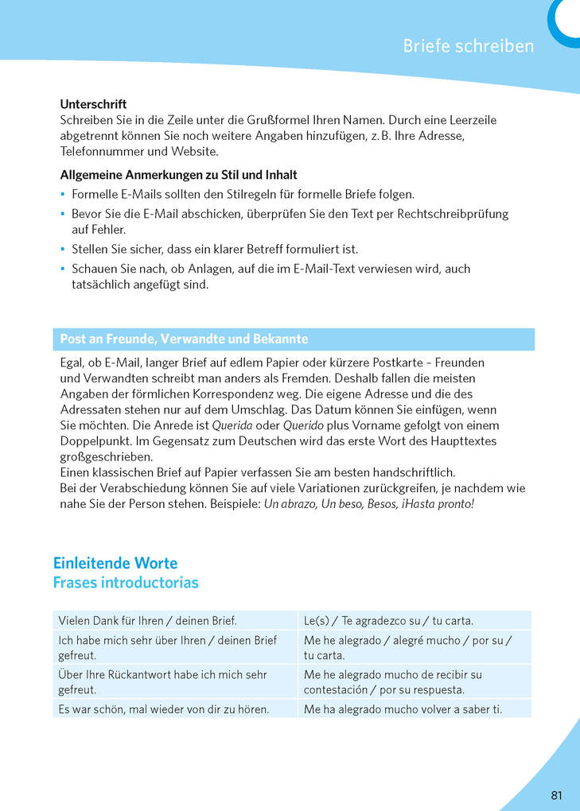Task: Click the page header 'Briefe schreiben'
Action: click(468, 45)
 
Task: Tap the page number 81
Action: click(556, 795)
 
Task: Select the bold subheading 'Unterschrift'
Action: click(93, 104)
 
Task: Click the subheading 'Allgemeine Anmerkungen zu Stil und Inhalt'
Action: click(179, 175)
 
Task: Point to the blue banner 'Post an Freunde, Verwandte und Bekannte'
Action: click(184, 339)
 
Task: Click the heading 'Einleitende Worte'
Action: click(115, 563)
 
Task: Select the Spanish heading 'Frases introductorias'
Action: click(126, 583)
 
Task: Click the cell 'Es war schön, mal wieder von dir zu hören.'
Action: click(164, 708)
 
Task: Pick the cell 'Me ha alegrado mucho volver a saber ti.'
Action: click(403, 708)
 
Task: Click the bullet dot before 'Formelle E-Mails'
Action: click(63, 194)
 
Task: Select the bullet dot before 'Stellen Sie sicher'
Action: click(63, 249)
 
